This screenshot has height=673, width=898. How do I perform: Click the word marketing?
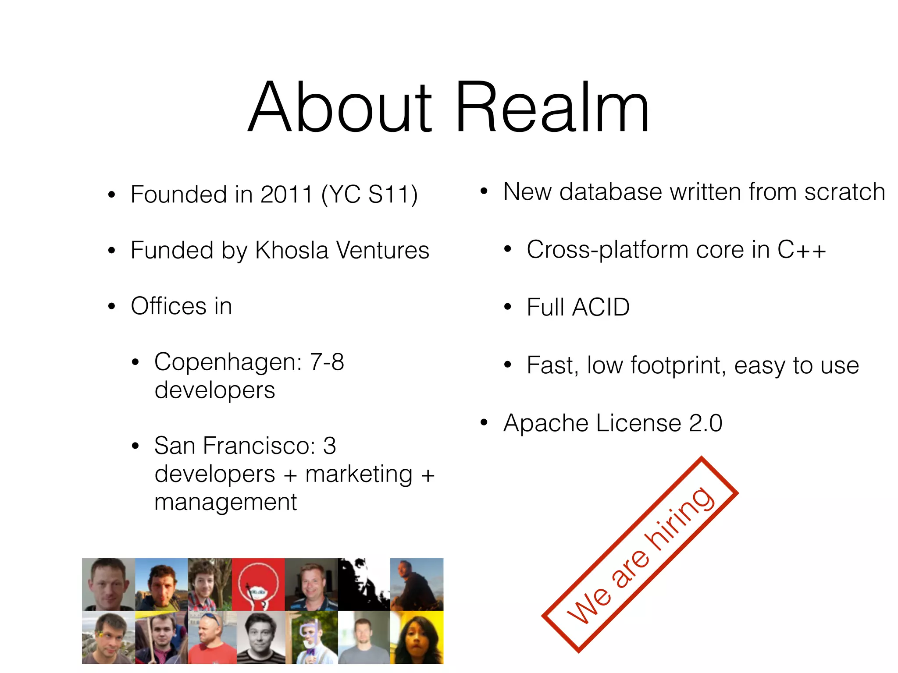(x=359, y=475)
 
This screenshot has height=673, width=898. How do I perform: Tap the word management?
(x=225, y=503)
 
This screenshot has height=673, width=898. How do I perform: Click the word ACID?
(x=601, y=307)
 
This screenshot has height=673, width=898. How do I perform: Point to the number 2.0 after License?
(x=706, y=423)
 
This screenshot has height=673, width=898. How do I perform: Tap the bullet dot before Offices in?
(x=112, y=306)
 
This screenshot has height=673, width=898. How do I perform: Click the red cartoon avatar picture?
(x=258, y=584)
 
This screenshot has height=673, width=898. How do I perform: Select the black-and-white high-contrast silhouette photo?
(x=363, y=584)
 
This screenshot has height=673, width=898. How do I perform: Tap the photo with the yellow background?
(x=417, y=638)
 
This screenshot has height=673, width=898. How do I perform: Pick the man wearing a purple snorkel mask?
(x=311, y=638)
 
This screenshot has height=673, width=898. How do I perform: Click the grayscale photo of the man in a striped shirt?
(x=261, y=638)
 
